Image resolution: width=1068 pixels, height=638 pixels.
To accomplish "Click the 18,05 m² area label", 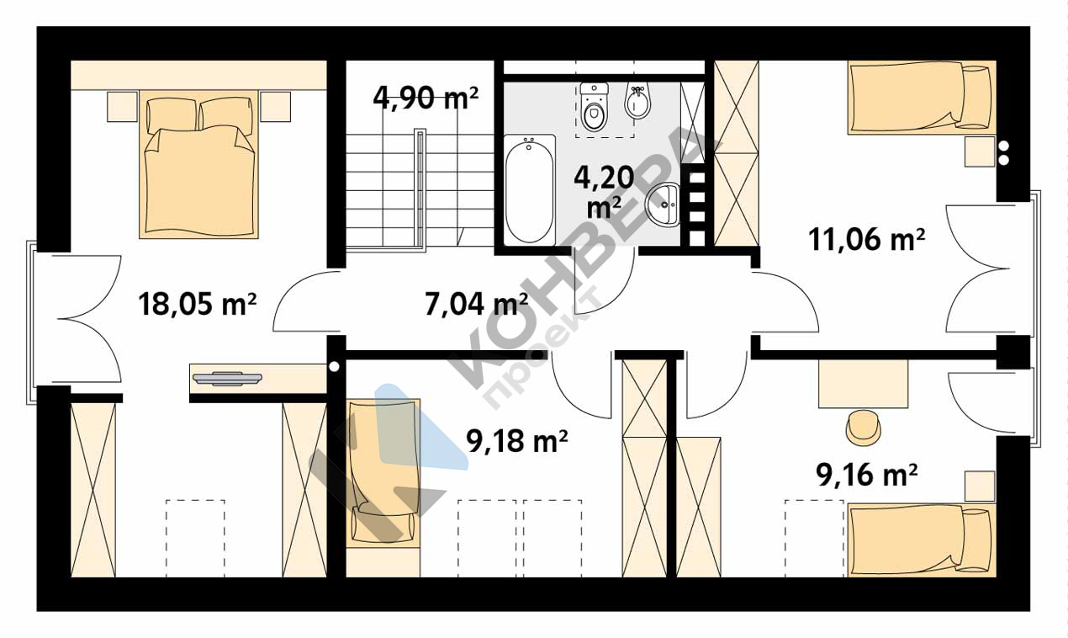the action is [x=198, y=304].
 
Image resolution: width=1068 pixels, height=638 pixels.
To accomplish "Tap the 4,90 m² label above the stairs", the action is [x=426, y=98].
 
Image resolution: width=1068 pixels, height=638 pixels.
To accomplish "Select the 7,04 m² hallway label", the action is [x=476, y=304].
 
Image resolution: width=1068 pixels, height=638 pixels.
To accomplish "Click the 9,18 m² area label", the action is [x=516, y=441].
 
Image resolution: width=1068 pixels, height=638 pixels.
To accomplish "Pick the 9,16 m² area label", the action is [x=867, y=475].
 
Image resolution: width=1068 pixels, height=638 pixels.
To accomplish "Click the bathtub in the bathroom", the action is [x=529, y=190].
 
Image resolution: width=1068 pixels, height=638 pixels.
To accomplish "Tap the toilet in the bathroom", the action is [x=594, y=107].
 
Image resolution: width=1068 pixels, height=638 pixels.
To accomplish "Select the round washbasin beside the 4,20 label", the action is [x=663, y=205].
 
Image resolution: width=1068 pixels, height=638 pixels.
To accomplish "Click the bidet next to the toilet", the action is [x=637, y=102].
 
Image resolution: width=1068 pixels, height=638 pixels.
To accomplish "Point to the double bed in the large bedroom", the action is [x=198, y=164].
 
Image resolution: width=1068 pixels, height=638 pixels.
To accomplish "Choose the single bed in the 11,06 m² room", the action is [x=922, y=98].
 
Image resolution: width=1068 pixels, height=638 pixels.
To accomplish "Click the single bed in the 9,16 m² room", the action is [x=922, y=540].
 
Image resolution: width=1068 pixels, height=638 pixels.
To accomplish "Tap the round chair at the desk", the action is [x=864, y=427].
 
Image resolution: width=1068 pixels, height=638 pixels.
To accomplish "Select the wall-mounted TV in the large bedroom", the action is [x=227, y=378].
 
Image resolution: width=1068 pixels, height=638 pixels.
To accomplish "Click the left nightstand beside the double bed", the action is [x=122, y=106].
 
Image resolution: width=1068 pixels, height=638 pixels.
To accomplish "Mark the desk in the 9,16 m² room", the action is [x=864, y=384].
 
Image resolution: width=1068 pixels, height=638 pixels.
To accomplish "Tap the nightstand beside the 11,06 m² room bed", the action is [x=981, y=152].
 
